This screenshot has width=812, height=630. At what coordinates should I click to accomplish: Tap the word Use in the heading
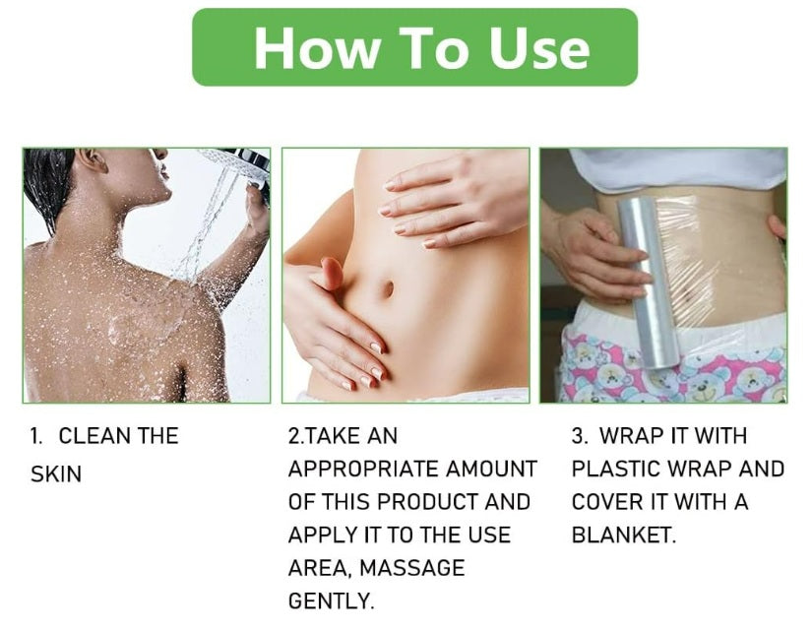(x=539, y=47)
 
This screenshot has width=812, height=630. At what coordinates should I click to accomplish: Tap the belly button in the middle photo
(x=388, y=288)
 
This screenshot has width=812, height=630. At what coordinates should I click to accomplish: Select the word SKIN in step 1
(x=56, y=474)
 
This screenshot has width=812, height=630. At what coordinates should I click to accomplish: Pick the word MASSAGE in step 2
(x=412, y=568)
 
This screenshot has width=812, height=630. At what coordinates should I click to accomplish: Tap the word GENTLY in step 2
(x=331, y=601)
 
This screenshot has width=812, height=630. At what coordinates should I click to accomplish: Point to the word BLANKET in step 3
(x=624, y=535)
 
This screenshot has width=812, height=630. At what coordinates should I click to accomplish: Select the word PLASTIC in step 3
(x=616, y=469)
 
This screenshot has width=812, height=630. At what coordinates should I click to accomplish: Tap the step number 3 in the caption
(x=579, y=436)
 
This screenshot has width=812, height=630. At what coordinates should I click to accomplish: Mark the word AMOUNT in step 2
(x=491, y=469)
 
